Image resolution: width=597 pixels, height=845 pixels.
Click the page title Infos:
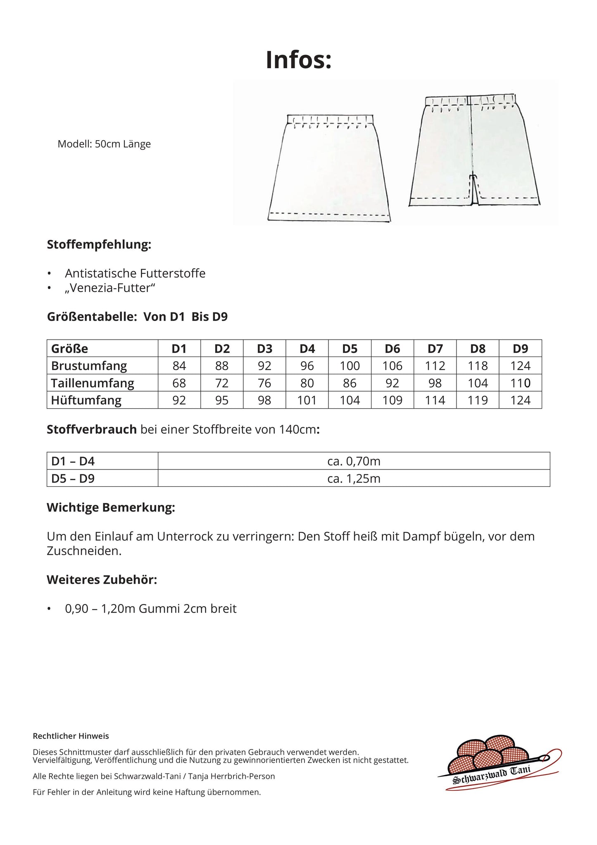[x=298, y=60]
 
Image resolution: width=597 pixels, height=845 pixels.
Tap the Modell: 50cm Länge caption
[x=104, y=144]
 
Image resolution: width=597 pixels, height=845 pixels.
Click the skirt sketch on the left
[x=329, y=168]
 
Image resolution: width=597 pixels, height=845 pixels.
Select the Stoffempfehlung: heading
[x=99, y=244]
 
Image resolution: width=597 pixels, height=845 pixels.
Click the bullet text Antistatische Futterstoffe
[x=135, y=273]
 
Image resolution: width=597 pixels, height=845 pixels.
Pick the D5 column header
[x=350, y=349]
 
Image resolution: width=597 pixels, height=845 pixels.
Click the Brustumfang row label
[x=89, y=366]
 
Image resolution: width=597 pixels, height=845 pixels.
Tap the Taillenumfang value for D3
[x=264, y=383]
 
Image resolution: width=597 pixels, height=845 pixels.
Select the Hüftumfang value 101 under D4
[x=307, y=400]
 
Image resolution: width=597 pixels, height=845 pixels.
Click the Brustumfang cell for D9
[x=520, y=366]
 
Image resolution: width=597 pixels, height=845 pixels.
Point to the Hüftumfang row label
[x=86, y=400]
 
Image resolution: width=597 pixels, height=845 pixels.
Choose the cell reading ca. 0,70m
[x=354, y=461]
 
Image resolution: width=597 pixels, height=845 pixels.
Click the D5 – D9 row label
[x=73, y=479]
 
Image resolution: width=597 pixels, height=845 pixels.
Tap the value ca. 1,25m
[x=354, y=479]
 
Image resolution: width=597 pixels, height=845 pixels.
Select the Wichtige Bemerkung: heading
[x=111, y=507]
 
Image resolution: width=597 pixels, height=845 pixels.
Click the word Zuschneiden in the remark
[x=83, y=551]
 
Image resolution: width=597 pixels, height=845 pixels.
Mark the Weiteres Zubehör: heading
[x=102, y=580]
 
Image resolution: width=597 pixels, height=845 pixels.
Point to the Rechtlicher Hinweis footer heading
[x=71, y=736]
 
